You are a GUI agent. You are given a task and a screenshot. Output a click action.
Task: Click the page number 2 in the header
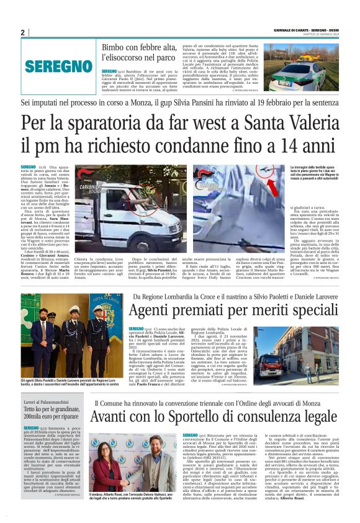pos(22,32)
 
